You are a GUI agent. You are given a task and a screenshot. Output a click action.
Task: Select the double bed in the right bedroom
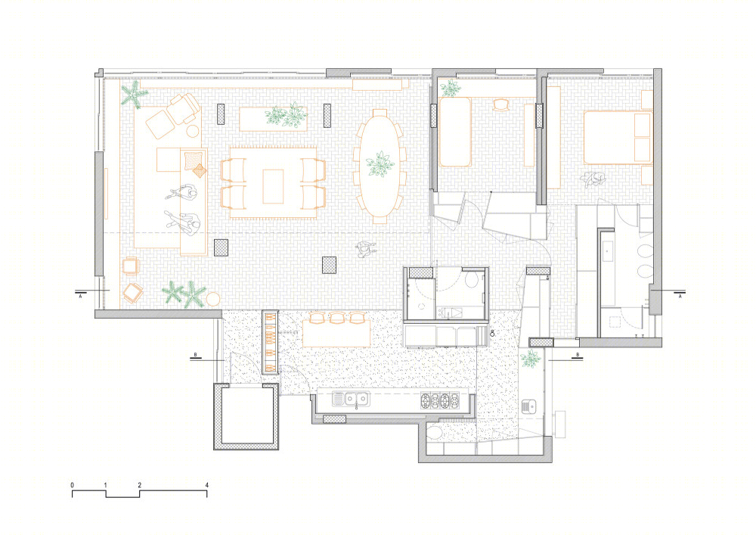coord(618,138)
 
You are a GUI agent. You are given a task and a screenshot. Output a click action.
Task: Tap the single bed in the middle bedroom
coord(455,132)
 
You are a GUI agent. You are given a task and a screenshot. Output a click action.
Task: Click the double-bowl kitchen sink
coord(351,399)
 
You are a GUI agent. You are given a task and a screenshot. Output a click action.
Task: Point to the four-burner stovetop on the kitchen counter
coord(440,399)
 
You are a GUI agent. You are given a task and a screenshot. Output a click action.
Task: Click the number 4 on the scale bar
coord(207,485)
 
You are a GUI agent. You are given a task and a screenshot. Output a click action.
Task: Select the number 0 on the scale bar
coord(73,485)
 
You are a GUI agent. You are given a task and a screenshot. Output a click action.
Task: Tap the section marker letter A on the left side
coord(81,297)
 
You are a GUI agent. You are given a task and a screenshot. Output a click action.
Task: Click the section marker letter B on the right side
coord(578,355)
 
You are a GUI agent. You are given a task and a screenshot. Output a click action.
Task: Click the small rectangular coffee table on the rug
coord(273,186)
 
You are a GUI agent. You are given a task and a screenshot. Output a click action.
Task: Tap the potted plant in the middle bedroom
coord(451,88)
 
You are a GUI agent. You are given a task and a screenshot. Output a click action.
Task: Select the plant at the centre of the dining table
coord(380,164)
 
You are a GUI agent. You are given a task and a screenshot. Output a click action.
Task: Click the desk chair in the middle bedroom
coord(501,104)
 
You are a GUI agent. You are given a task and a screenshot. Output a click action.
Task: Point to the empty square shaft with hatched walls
coord(246,416)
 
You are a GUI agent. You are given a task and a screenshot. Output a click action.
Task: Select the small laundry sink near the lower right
coord(529,406)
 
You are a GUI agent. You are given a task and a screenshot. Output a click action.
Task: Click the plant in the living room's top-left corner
coord(134,94)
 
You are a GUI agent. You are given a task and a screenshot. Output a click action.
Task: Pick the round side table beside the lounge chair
coord(194,131)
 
